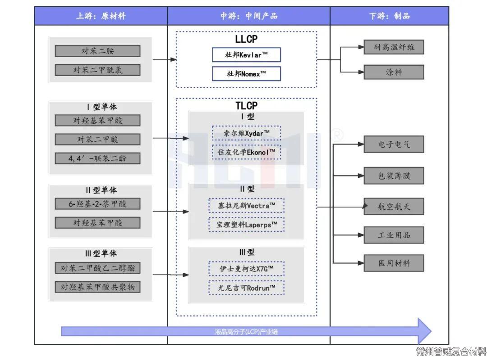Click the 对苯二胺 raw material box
coord(97,51)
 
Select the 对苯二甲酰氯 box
coord(97,70)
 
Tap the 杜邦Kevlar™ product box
coord(246,55)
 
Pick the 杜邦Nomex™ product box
coord(246,74)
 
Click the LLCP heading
coord(246,39)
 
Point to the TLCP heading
coord(246,106)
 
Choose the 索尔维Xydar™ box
coord(246,133)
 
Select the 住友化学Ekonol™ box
coord(246,152)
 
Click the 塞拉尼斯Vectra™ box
coord(246,206)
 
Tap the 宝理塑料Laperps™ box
coord(246,224)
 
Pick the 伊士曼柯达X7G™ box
coord(246,269)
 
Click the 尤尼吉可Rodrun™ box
coord(246,288)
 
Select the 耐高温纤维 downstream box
coord(394,47)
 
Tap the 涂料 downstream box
coord(394,72)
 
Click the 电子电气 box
coord(394,145)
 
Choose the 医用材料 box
coord(394,263)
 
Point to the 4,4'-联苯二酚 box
coord(97,158)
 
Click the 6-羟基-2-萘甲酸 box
coord(97,203)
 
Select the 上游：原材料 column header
coord(101,16)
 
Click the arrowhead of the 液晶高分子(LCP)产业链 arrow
coord(424,331)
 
